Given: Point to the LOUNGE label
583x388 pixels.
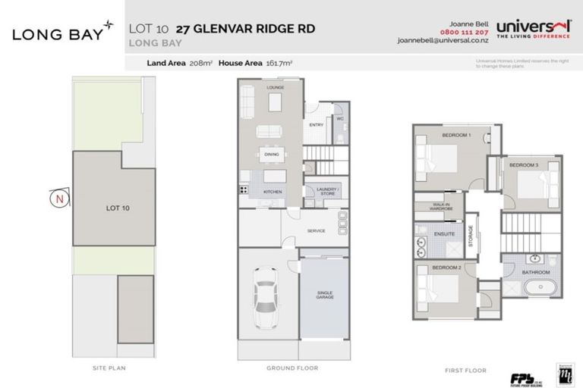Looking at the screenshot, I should click(274, 88).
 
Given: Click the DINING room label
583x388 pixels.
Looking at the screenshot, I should click(272, 154).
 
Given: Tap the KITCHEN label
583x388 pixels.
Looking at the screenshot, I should click(273, 192).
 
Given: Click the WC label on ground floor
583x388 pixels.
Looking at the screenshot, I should click(340, 118).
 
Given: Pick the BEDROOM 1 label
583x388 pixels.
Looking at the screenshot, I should click(456, 136).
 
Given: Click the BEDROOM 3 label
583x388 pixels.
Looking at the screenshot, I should click(523, 165).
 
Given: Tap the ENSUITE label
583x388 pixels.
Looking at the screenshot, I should click(445, 234).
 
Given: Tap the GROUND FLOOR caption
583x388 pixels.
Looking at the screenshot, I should click(292, 368).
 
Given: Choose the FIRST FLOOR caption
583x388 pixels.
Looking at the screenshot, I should click(464, 371).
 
